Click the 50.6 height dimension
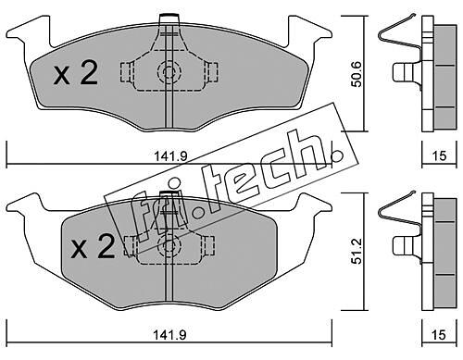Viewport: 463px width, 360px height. click(357, 74)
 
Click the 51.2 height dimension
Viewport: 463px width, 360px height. click(357, 250)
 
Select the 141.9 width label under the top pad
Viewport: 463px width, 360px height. click(170, 156)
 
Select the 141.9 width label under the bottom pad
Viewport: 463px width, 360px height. click(170, 334)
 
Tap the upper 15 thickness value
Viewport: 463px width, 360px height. click(439, 155)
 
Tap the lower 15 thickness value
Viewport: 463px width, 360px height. click(439, 334)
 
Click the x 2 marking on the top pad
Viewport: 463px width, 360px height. click(75, 73)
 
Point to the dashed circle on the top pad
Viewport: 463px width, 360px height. click(169, 72)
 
